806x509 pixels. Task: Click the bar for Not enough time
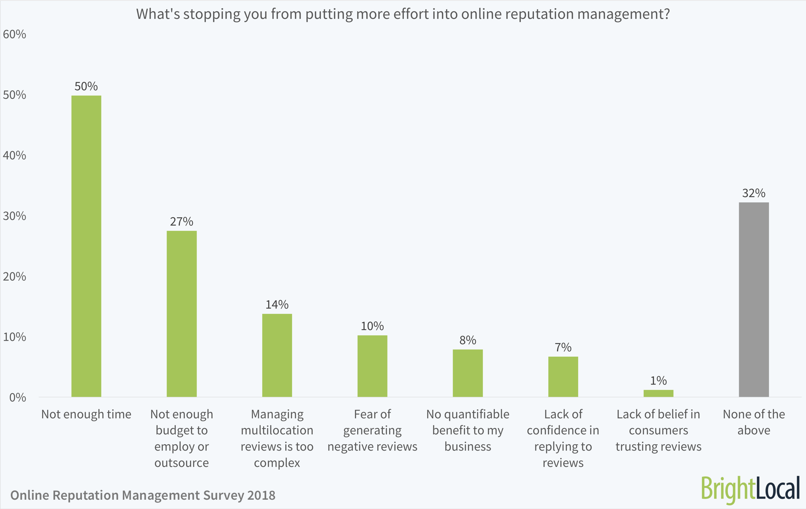pos(86,246)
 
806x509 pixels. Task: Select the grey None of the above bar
pos(754,299)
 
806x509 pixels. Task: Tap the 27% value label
pos(181,222)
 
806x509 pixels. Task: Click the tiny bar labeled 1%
pos(658,393)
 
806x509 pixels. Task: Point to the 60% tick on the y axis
pos(14,34)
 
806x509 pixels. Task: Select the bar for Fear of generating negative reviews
pos(372,366)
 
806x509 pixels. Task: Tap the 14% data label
pos(277,304)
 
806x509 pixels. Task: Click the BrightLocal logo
pos(750,489)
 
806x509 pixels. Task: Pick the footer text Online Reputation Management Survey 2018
pos(143,495)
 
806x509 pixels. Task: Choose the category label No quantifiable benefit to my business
pos(468,430)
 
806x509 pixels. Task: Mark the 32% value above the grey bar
pos(754,193)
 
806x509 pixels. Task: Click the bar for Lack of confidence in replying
pos(563,377)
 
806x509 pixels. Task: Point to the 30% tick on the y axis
pos(14,216)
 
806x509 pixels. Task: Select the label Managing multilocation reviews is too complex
pos(277,438)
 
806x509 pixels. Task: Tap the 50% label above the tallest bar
pos(86,86)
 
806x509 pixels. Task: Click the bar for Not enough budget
pos(181,314)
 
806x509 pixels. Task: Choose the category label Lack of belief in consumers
pos(658,430)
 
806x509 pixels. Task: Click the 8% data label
pos(468,340)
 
